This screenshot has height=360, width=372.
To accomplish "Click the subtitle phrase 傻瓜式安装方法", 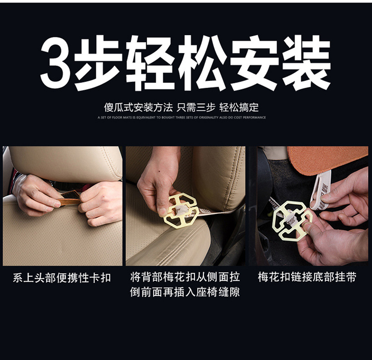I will click(138, 108).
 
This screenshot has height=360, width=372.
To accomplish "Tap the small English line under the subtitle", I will click(182, 118).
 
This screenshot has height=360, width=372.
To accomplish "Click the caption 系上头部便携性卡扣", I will click(62, 278).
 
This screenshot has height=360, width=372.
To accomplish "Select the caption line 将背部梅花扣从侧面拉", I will click(185, 277).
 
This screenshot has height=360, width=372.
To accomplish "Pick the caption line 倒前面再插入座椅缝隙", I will click(185, 292).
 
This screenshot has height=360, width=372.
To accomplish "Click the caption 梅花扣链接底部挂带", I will click(307, 277).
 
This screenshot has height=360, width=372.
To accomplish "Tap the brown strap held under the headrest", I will click(70, 201).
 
